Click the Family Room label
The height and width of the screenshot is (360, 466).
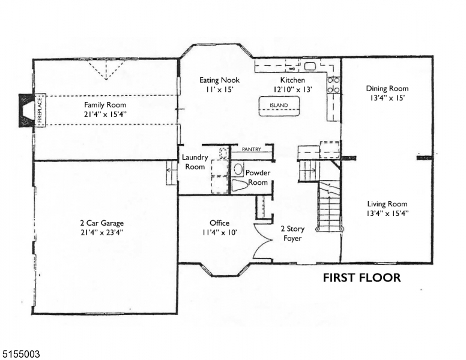105,104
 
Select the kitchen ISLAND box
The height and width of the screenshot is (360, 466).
278,106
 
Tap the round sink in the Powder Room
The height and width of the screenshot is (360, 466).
238,169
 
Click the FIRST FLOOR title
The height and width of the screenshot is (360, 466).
362,278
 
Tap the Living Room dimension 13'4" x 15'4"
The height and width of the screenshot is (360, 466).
387,213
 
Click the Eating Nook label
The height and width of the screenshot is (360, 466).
219,80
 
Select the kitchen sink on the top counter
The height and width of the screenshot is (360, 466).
310,66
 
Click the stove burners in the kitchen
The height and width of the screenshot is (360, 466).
333,85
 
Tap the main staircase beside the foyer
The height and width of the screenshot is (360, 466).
329,208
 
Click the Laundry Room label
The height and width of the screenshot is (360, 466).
195,162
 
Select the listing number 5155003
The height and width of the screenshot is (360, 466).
21,355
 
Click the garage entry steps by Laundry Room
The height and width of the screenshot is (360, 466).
171,173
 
